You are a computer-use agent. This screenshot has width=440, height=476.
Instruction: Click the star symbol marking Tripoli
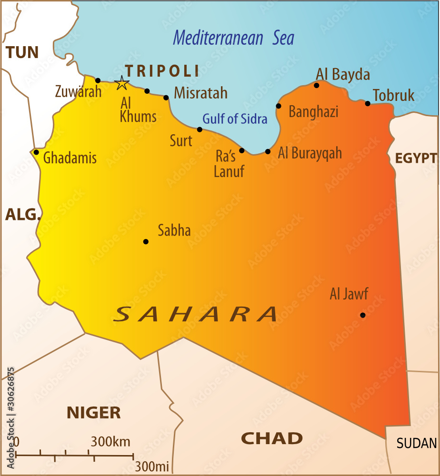pos(122,83)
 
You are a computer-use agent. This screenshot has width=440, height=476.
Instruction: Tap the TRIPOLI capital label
pos(162,71)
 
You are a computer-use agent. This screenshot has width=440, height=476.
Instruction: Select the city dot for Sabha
pos(146,242)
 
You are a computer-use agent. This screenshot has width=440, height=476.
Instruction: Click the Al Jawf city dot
pos(362,315)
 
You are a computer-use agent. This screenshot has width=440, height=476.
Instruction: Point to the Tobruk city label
pos(393,95)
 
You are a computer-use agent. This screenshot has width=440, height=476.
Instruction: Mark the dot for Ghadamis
pos(36,152)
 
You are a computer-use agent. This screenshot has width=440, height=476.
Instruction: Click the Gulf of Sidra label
pos(235,119)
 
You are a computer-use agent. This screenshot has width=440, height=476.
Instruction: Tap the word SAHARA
pos(196,314)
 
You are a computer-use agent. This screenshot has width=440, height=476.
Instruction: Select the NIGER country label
pos(94,412)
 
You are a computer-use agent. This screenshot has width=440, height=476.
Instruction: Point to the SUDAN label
pos(417,443)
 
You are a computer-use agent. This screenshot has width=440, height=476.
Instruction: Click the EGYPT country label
pos(416,159)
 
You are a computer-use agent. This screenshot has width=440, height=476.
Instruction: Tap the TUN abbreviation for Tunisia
pos(22,52)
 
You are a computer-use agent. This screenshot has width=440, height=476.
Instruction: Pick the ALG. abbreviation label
pos(22,215)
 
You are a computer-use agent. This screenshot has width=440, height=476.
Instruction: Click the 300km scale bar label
pos(110,442)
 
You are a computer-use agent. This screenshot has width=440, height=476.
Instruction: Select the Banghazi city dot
pos(279,106)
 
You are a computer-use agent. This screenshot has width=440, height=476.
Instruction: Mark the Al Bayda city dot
pos(316,86)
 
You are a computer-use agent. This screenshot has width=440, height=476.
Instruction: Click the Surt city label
pos(181,141)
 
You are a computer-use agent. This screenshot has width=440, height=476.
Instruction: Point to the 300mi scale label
pos(152,465)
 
